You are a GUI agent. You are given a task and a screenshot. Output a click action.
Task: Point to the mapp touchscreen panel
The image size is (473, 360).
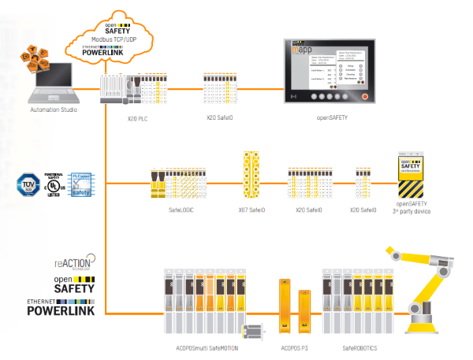(x=328, y=75)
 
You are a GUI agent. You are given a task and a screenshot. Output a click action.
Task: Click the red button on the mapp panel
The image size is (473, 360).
(x=364, y=96)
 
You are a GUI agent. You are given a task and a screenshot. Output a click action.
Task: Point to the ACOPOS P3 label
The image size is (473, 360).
(x=296, y=347)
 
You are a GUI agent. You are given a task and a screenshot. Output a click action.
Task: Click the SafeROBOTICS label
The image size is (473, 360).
(x=360, y=347)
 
